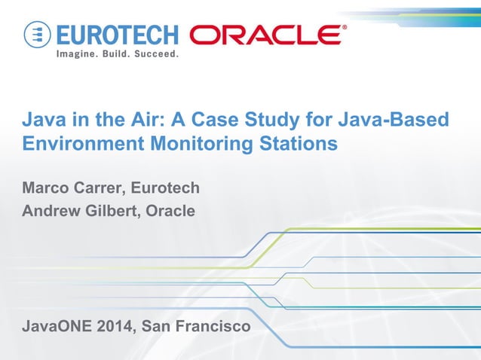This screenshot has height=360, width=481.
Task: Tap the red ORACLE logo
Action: (x=268, y=35)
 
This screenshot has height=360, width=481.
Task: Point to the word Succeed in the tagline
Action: (x=155, y=55)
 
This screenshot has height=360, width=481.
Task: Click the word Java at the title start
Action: (x=42, y=120)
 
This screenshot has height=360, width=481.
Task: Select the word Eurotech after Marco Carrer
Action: (x=168, y=187)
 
